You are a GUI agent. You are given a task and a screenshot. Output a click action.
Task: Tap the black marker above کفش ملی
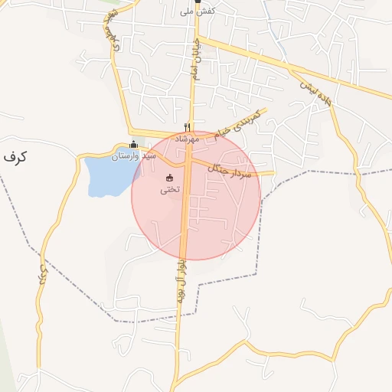pos(197,2)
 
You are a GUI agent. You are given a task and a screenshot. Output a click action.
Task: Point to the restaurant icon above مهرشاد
pos(188,127)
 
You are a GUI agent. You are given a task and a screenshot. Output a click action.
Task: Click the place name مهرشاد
pos(187,139)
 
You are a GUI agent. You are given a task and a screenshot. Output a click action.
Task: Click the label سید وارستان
pos(134,155)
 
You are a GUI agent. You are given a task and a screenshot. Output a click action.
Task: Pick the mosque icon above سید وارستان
pos(134,145)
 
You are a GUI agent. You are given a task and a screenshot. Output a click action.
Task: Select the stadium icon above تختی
pos(170,178)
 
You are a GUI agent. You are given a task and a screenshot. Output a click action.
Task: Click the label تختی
pos(170,189)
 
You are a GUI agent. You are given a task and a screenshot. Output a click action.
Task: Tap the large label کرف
pos(15,156)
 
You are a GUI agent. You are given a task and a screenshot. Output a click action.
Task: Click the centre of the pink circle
pos(196,195)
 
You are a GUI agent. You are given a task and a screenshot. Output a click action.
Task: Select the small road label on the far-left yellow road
pos(43,276)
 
